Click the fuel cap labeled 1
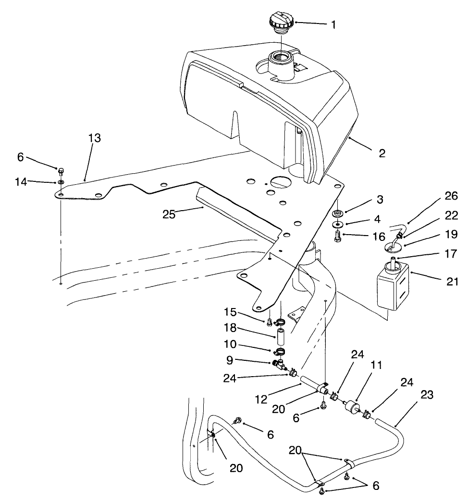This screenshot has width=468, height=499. point(280,23)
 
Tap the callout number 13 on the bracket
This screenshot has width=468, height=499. point(95,138)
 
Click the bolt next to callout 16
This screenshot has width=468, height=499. point(337,236)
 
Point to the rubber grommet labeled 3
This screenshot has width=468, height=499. point(338,213)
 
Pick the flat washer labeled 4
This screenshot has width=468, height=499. point(338,224)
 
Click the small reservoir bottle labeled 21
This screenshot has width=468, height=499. point(391,286)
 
